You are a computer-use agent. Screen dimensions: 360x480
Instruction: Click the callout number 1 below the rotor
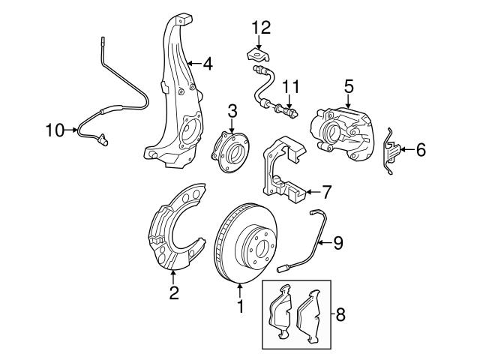(x=240, y=307)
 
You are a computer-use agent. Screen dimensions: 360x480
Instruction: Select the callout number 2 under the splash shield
(x=173, y=293)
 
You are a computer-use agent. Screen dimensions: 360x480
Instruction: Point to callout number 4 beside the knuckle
(x=207, y=64)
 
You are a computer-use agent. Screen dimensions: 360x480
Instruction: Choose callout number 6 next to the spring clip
(x=420, y=151)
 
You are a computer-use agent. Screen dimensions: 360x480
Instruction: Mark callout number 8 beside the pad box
(x=341, y=315)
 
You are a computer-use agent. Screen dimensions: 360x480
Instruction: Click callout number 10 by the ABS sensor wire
(x=55, y=130)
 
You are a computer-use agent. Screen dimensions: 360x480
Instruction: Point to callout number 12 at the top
(x=259, y=28)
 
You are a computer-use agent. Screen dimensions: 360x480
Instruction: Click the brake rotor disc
(x=244, y=240)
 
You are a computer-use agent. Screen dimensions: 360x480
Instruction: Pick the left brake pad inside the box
(x=283, y=315)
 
